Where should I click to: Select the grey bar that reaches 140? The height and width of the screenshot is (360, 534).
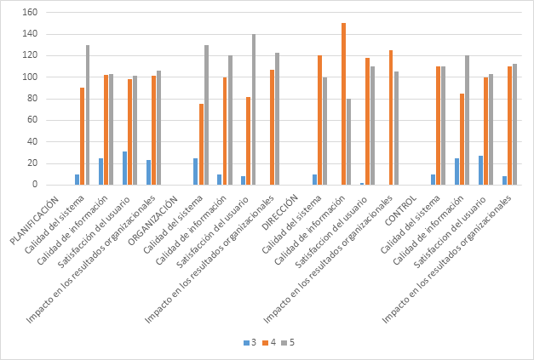coord(253,109)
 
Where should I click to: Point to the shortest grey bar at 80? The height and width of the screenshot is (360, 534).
coord(348,141)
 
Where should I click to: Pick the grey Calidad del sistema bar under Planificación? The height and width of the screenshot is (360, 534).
coord(87,115)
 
